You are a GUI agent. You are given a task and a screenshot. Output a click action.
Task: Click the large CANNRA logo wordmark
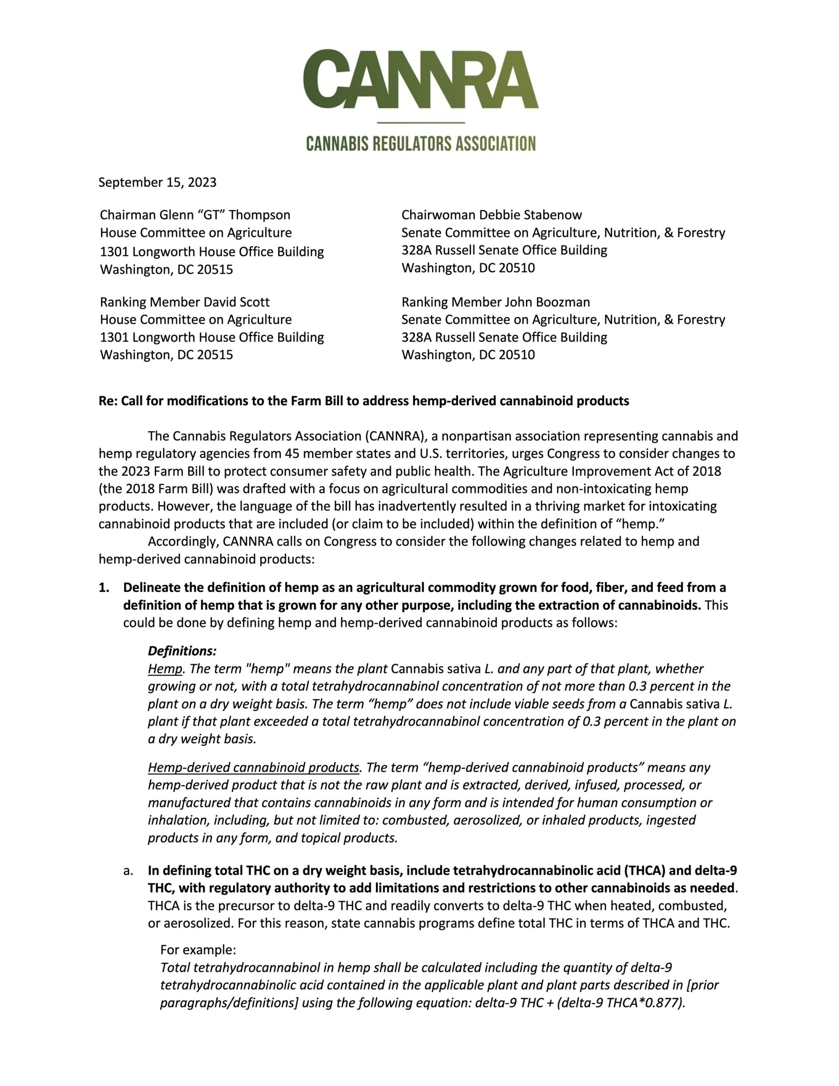point(420,80)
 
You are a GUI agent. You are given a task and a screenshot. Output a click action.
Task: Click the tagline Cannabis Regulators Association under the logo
point(421,144)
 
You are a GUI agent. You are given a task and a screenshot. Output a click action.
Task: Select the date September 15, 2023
point(157,182)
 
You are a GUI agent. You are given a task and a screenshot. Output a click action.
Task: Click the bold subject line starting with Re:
point(364,401)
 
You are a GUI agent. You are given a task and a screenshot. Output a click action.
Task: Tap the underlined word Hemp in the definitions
point(165,669)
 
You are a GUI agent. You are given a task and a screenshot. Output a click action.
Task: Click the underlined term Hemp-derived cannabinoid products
point(253,767)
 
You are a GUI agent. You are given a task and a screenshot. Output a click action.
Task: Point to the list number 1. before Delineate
point(104,588)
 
